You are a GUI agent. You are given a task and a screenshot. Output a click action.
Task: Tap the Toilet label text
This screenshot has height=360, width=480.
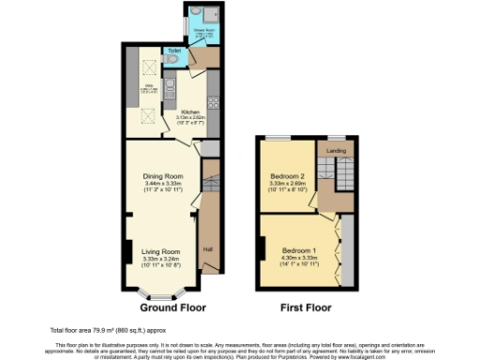click(174, 50)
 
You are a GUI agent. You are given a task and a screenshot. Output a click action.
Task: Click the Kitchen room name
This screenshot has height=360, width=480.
click(192, 112)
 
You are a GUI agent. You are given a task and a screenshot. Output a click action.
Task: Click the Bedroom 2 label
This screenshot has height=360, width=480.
click(289, 176)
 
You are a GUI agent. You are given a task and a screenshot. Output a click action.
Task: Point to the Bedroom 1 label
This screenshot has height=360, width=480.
click(299, 249)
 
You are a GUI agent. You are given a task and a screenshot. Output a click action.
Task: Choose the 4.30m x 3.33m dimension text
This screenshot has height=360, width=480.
click(299, 257)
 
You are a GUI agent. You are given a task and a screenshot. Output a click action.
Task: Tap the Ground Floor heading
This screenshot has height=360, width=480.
click(173, 307)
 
